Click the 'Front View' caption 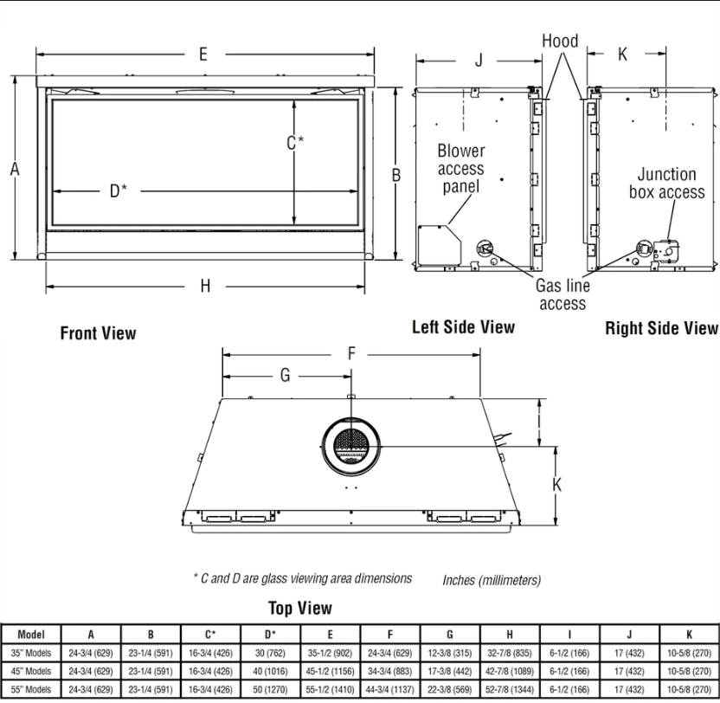point(98,333)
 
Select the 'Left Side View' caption point(463,326)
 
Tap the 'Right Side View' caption point(661,328)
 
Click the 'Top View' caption point(300,608)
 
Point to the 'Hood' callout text point(560,41)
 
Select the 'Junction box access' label point(666,184)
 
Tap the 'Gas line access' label point(562,294)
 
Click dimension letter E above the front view point(203,54)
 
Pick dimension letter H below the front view point(205,287)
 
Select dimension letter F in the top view point(350,353)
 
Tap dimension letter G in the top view point(285,376)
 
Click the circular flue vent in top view point(351,446)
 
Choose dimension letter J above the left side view point(479,60)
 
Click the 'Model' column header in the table point(30,634)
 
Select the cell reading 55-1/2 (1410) point(330,689)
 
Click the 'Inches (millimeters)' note point(492,580)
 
